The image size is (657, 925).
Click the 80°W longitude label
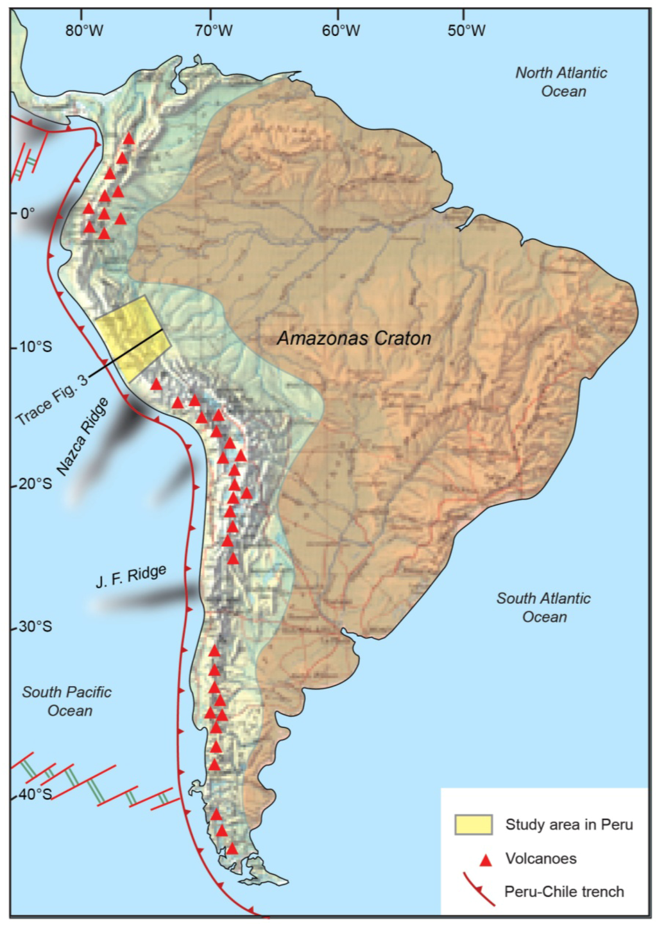point(83,31)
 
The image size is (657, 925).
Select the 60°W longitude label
point(341,31)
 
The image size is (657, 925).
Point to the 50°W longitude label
point(466,31)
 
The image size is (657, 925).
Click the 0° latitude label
point(28,213)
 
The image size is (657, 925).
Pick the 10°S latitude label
point(35,347)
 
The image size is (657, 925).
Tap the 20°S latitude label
point(35,483)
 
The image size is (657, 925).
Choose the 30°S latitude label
point(35,627)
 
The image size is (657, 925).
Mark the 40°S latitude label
point(35,795)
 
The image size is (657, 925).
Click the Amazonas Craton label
point(354,338)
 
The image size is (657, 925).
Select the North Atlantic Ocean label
point(561,82)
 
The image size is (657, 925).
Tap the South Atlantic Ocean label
point(543,607)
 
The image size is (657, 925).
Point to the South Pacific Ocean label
point(67,701)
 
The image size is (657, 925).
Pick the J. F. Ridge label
point(131,576)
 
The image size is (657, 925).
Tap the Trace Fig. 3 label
point(51,401)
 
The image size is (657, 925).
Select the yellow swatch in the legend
point(474,825)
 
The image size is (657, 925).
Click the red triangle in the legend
point(486,860)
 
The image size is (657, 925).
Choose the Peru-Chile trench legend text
point(564,892)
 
